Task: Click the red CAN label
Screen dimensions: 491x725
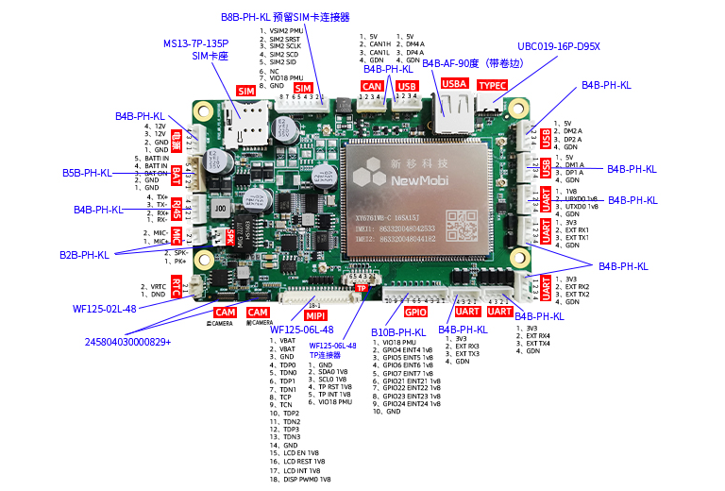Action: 373,87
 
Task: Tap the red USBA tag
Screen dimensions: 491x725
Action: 455,84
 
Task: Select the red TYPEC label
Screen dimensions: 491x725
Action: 492,84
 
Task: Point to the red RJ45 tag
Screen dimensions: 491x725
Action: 177,206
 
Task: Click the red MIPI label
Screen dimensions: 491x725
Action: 315,313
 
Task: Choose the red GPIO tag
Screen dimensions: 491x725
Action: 415,311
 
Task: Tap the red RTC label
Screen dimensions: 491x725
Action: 176,285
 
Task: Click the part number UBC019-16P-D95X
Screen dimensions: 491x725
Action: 559,45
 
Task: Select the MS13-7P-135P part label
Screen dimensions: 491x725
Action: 195,43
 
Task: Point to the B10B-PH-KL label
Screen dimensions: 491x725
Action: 398,332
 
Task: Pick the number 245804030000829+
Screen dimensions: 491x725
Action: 128,341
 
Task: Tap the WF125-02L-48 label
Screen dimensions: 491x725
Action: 105,309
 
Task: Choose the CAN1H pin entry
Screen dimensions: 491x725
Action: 379,44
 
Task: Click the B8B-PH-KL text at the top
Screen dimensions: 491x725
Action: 245,17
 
